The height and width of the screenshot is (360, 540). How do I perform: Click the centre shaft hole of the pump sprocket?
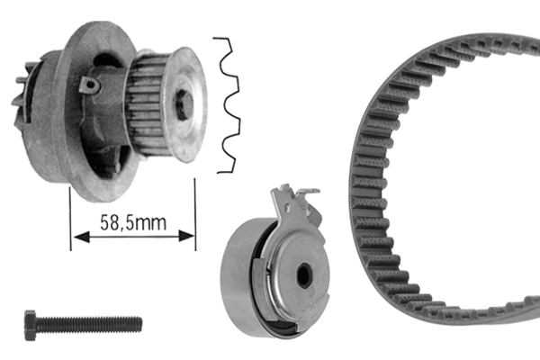pos(184,104)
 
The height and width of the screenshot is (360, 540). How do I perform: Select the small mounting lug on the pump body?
pos(88,84)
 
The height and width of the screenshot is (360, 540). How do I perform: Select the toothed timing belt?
pos(378,180)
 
